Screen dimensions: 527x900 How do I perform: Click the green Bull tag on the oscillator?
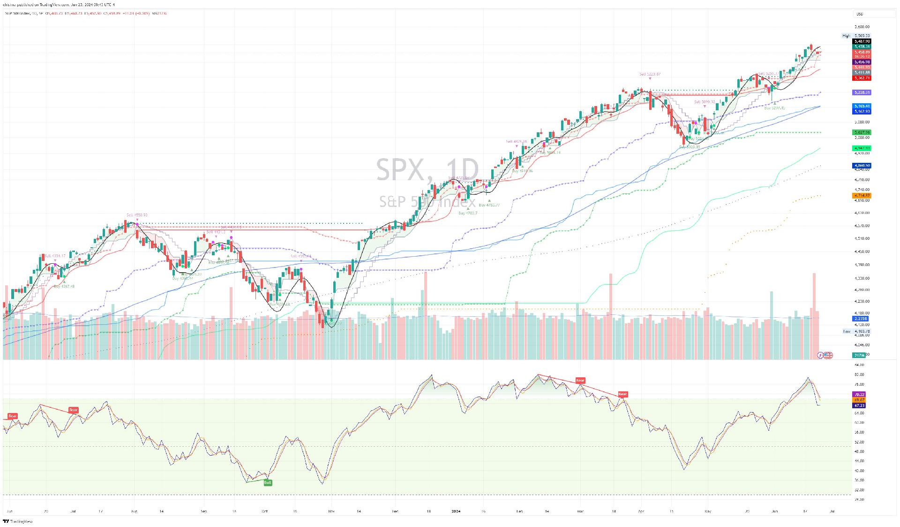(268, 482)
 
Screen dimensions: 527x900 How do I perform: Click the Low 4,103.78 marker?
(857, 331)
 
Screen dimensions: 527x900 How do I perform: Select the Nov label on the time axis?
(331, 511)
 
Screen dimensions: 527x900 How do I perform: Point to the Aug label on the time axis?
(134, 511)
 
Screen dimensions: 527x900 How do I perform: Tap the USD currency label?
(860, 14)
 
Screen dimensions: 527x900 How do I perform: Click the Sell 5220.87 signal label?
(650, 74)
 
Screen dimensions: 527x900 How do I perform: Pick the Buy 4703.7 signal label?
(468, 213)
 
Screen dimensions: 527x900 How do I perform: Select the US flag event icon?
(828, 355)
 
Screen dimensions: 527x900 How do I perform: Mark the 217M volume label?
(860, 355)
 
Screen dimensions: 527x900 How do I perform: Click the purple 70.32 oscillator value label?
(859, 395)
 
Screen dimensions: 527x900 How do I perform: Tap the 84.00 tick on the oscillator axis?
(859, 365)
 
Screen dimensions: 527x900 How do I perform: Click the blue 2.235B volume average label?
(861, 319)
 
